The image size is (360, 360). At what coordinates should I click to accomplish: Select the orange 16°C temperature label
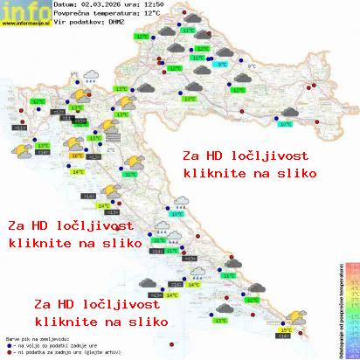pyautogui.click(x=77, y=156)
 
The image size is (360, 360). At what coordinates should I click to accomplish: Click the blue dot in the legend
pyautogui.click(x=9, y=343)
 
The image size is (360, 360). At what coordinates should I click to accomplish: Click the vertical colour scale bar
pyautogui.click(x=352, y=306)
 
